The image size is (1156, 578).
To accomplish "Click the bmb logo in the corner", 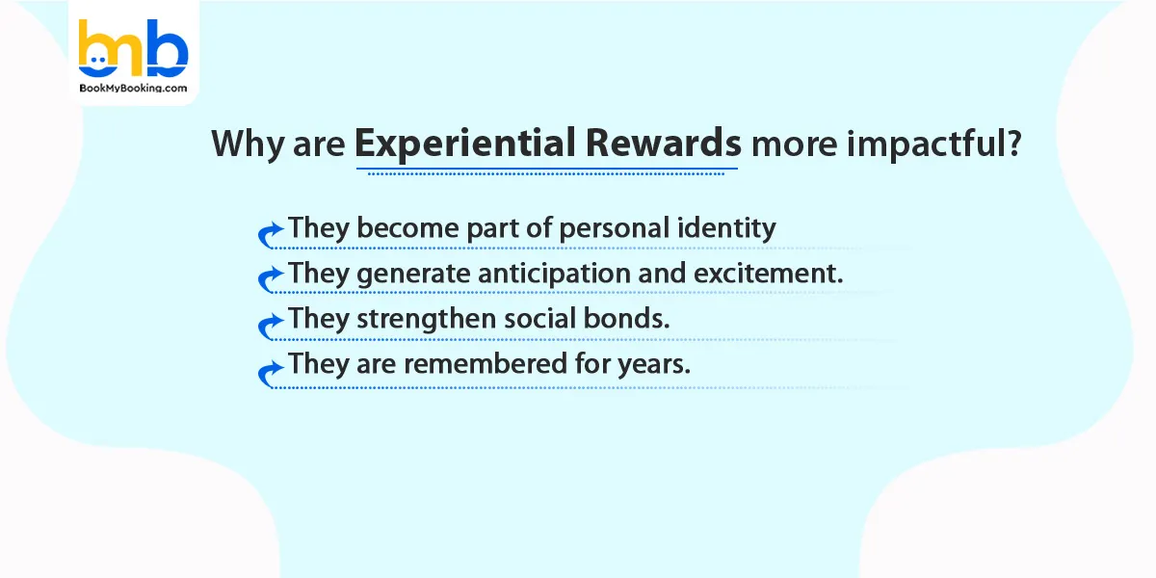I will [x=132, y=48].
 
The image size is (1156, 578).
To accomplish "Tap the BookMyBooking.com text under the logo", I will [x=133, y=87].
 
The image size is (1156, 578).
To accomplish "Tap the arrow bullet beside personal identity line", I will [x=271, y=234].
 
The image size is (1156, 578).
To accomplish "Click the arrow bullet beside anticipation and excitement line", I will [x=271, y=279].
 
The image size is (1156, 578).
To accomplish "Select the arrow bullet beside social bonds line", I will [x=271, y=326].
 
